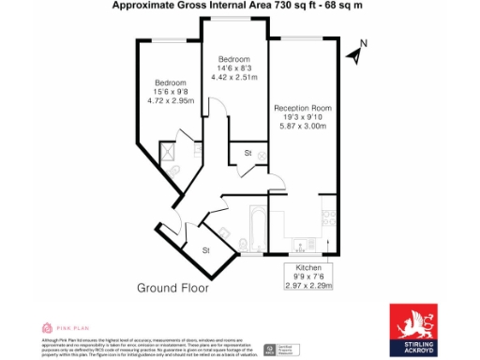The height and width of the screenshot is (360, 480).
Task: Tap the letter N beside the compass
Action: click(x=365, y=43)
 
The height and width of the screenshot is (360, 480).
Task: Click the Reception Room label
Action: click(x=302, y=108)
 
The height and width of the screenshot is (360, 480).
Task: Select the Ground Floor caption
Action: click(x=173, y=288)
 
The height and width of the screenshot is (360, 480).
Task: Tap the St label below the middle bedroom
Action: click(x=247, y=152)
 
